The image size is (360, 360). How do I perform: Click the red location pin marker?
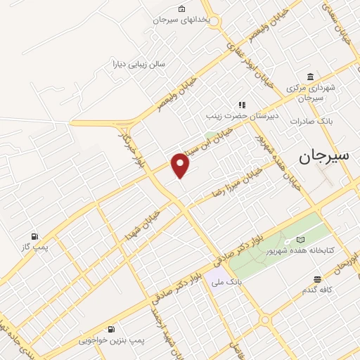[x=181, y=165]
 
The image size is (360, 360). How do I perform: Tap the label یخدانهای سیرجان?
[x=183, y=20]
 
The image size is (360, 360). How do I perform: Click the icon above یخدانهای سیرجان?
[x=183, y=9]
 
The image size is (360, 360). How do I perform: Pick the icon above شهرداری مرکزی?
[x=310, y=77]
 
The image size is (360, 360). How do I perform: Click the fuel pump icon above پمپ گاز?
[x=34, y=236]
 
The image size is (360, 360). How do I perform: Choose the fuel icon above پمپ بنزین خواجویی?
[x=111, y=329]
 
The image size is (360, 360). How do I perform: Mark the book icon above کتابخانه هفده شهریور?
[x=302, y=240]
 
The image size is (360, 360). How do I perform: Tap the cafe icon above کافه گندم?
[x=318, y=278]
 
